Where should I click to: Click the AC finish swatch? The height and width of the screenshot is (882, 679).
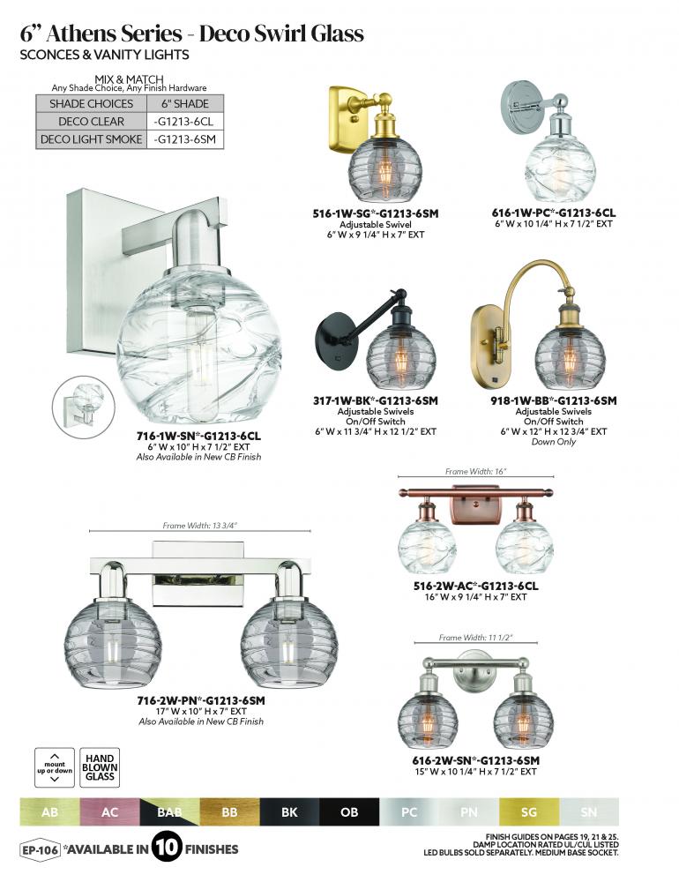coord(109,811)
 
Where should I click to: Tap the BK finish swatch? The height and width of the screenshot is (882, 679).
coord(290,811)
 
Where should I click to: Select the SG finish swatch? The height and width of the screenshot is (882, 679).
coord(529,811)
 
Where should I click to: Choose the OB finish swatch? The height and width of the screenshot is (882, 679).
coord(349,811)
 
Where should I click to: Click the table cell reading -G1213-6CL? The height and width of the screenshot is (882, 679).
coord(185,122)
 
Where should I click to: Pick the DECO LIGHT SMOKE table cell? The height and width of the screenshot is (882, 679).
coord(91,139)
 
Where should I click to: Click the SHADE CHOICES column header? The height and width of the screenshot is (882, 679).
coord(91,103)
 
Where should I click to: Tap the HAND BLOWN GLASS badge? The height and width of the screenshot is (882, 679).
coord(100,767)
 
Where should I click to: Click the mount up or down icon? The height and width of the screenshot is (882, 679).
coord(55,767)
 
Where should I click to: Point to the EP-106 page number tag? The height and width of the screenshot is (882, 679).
coord(40,849)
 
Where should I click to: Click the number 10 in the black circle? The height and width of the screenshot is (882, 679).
coord(167,847)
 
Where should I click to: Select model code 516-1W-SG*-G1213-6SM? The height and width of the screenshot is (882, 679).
coord(376,213)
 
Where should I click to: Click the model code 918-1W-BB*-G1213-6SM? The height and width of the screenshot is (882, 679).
coord(554,401)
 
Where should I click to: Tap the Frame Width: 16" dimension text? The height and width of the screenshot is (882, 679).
coord(476,471)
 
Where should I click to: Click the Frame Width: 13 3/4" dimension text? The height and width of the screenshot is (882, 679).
coord(200,526)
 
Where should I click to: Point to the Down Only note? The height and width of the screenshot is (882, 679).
coord(554,442)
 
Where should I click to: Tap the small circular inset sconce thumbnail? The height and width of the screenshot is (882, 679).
coord(83,406)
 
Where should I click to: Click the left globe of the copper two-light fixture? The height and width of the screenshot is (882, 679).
coord(427,547)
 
